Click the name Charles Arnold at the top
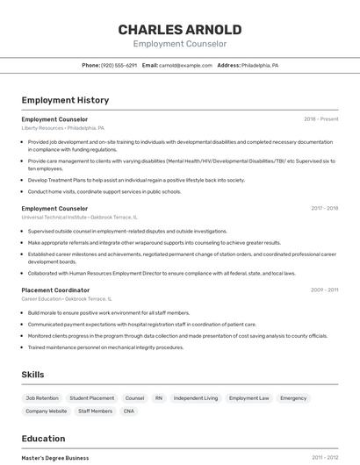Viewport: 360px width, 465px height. [x=180, y=29]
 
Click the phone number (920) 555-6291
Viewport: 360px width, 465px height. [x=119, y=65]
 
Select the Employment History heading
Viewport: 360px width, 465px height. [x=65, y=100]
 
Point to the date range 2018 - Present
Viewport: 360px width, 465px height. [x=320, y=118]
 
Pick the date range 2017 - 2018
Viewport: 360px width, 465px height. [x=324, y=208]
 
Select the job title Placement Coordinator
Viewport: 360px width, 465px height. [x=55, y=290]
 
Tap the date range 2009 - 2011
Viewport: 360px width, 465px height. [x=324, y=290]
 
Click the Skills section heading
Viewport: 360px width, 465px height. [x=32, y=375]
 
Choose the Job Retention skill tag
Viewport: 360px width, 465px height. [x=42, y=398]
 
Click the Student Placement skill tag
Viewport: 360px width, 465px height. [x=91, y=398]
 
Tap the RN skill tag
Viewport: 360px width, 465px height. [x=159, y=398]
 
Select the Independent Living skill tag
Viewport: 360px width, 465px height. [x=196, y=398]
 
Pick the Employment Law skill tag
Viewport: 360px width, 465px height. [x=248, y=398]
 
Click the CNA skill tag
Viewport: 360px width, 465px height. [x=129, y=411]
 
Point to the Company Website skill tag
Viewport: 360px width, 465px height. [x=46, y=411]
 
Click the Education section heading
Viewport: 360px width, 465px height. [x=43, y=439]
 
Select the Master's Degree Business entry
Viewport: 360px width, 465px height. [x=55, y=457]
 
